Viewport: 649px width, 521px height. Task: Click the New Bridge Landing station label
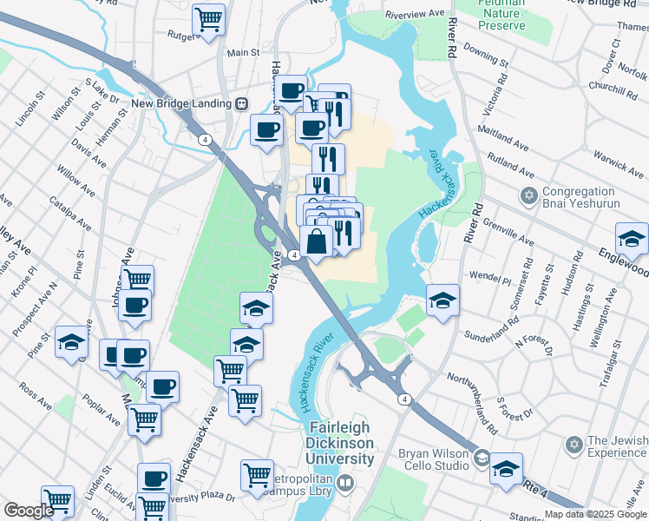click(180, 103)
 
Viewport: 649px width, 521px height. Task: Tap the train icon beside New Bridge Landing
click(241, 103)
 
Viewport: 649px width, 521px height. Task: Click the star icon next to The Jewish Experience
click(573, 445)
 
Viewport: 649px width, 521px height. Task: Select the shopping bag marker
click(318, 242)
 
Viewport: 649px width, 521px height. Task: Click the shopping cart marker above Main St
click(209, 18)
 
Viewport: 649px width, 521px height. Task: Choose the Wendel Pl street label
click(490, 279)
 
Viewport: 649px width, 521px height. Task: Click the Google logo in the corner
click(28, 511)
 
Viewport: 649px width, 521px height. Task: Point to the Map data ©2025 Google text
click(595, 514)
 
